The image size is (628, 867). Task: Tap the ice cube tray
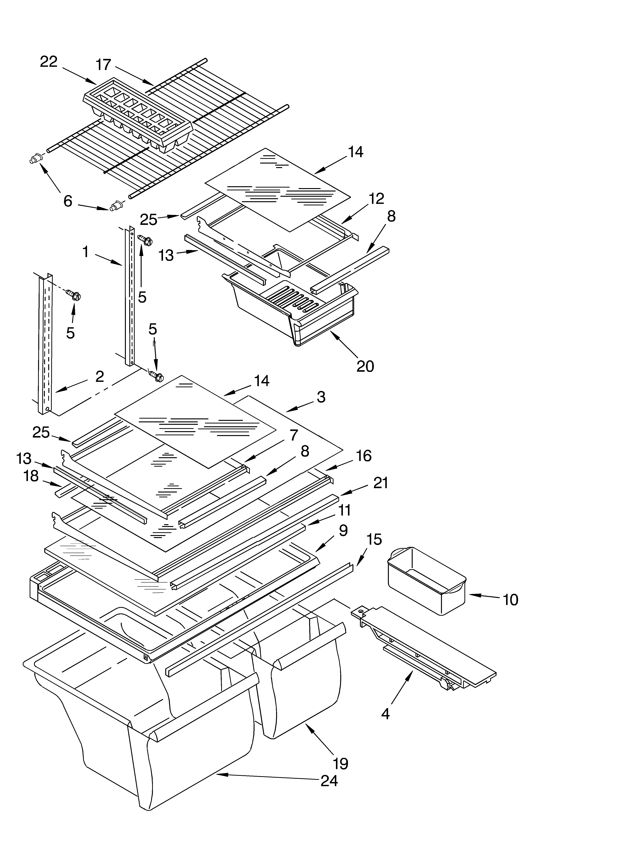click(137, 115)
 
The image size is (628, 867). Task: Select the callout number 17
click(103, 65)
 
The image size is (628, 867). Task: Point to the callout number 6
click(68, 201)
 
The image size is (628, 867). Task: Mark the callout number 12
click(376, 198)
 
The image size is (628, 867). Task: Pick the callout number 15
click(374, 539)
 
